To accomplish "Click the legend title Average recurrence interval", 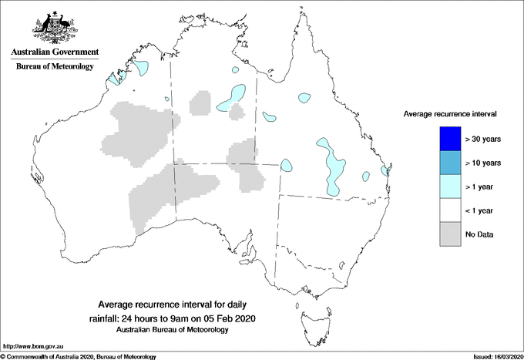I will click(449, 113).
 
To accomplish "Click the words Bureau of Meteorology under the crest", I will click(54, 67).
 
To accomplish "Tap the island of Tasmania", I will click(309, 316).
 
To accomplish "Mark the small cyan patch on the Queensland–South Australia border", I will click(286, 165).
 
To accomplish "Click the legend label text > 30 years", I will click(484, 139).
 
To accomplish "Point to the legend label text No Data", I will click(479, 234).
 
